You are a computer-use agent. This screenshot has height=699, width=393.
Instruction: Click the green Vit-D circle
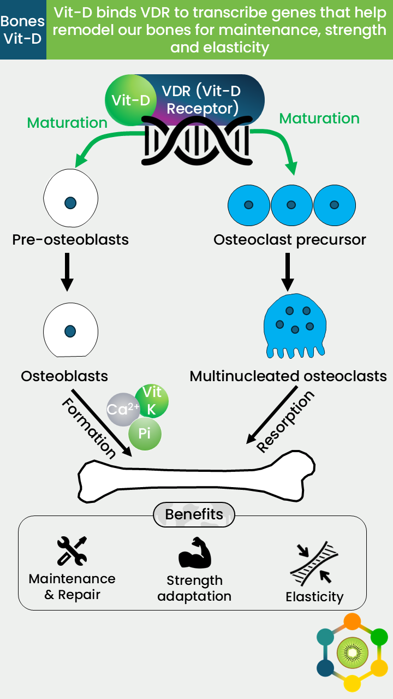point(130,100)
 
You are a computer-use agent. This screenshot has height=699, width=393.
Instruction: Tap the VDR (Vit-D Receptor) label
point(201,99)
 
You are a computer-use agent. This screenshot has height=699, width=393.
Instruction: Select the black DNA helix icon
point(197,141)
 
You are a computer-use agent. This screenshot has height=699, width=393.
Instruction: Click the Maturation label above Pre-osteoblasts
point(67,123)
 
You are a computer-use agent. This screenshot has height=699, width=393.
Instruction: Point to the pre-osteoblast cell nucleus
point(70,203)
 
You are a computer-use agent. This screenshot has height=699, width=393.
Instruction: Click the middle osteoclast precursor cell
point(291,205)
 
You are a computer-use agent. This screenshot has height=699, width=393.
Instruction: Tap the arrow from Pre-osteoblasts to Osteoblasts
point(67,272)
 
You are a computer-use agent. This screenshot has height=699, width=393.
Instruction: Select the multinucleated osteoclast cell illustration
point(295,325)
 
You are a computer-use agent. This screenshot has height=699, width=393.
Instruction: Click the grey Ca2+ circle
point(123,410)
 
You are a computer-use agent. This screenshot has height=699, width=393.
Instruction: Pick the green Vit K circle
point(152,401)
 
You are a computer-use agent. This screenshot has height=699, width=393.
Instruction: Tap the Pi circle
point(145,434)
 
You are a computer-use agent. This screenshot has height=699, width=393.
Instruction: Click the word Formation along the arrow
point(89,428)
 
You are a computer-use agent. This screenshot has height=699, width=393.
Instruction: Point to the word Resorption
point(285,422)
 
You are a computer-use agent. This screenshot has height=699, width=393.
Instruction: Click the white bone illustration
point(196,476)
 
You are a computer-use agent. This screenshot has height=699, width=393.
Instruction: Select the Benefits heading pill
point(194,514)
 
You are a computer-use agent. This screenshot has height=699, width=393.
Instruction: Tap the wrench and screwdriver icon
point(72,551)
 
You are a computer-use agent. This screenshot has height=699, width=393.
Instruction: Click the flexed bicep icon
point(195,552)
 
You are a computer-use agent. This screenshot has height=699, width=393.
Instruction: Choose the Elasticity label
point(315,597)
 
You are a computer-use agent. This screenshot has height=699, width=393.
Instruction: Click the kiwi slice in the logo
point(353,653)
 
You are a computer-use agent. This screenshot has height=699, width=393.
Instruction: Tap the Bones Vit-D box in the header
point(23,29)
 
